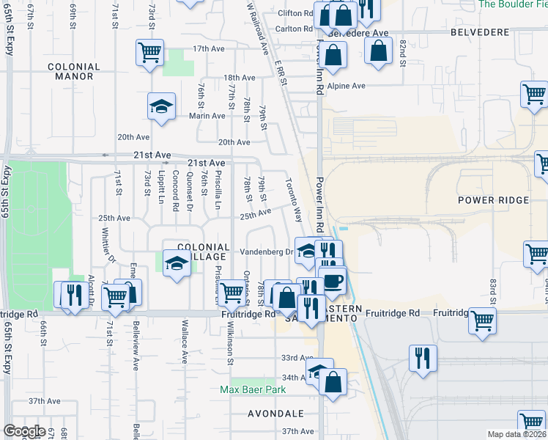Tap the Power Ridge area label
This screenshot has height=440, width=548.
[493, 200]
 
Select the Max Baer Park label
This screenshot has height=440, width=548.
[253, 390]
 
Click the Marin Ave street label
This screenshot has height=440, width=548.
[207, 116]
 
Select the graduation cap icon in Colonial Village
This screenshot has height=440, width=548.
[176, 263]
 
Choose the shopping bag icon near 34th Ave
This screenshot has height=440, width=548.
[333, 381]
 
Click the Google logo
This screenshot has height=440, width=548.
[24, 431]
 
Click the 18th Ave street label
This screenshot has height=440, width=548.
[239, 78]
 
